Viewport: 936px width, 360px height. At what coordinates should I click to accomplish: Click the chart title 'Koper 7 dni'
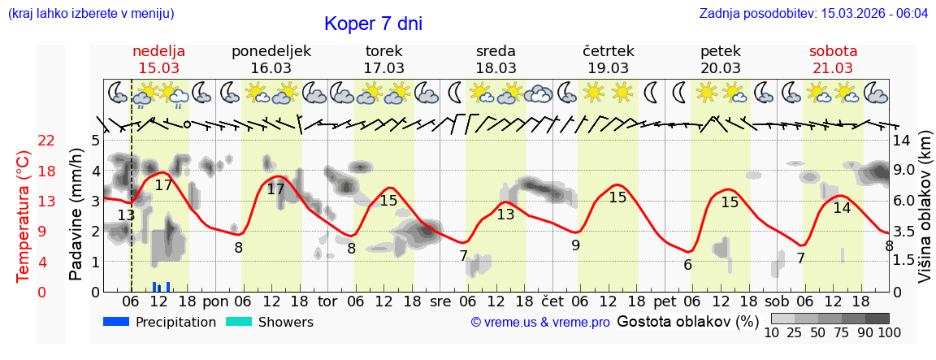373,24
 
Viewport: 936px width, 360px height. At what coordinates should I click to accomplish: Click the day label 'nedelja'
159,51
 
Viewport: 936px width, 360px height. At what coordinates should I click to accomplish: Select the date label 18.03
496,68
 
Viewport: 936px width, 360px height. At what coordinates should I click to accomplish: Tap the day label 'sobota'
833,51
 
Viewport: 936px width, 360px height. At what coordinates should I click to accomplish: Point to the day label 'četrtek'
609,51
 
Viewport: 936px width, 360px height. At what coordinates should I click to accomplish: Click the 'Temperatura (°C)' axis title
24,216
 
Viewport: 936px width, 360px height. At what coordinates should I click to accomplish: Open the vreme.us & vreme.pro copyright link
540,323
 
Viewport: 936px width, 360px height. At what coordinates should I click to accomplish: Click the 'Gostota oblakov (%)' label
687,321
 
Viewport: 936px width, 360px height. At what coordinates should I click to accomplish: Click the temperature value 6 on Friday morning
687,264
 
